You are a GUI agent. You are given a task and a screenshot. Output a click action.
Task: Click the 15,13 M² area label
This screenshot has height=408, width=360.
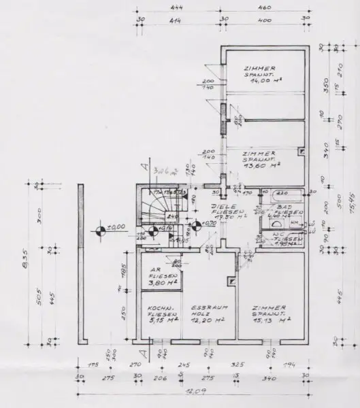(270, 320)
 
